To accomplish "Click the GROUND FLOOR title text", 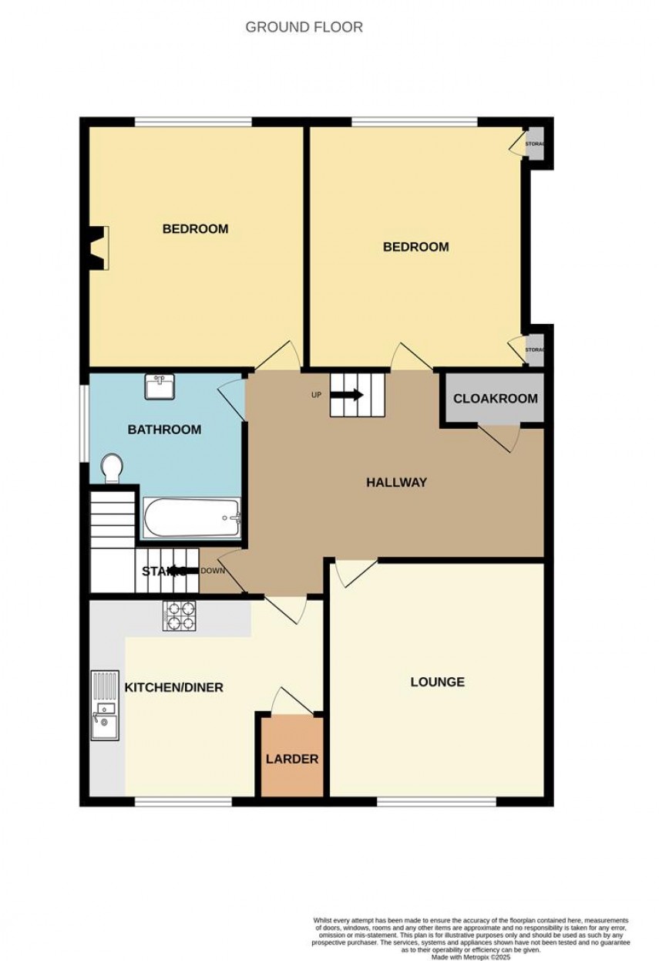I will [304, 27].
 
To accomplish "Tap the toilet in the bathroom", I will [113, 467].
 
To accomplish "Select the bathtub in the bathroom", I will [192, 518].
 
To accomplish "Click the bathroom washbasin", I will [160, 386].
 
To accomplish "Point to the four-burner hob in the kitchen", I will [180, 615].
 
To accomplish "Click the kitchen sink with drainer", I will [104, 706].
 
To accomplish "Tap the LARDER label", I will [292, 759].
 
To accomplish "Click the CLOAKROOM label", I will [495, 399].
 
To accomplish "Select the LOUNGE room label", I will [437, 682].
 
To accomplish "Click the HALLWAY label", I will [396, 483].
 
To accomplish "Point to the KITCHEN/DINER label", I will [174, 687].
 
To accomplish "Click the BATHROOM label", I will [164, 430].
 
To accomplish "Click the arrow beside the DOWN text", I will [179, 571].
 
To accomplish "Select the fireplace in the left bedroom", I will [99, 248].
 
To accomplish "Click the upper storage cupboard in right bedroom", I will [533, 144].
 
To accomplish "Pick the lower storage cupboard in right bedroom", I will [533, 349].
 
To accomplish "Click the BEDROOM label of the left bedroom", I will [195, 228].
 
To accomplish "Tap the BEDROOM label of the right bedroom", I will [416, 247].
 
